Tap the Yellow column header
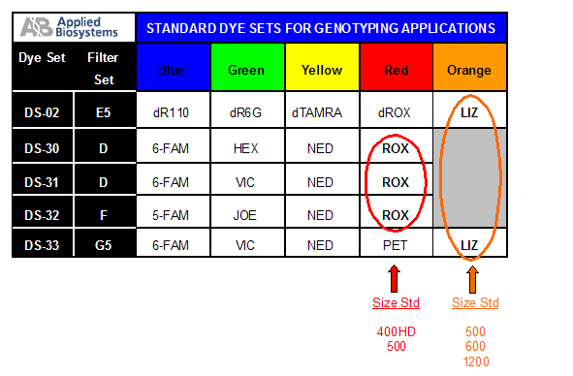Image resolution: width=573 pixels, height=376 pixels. [x=321, y=70]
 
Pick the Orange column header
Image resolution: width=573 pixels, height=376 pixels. [x=469, y=70]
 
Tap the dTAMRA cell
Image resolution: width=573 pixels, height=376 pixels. [x=321, y=113]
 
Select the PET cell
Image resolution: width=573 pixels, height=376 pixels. [x=396, y=246]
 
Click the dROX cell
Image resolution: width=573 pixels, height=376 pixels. [x=396, y=113]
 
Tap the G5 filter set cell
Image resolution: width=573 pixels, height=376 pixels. [x=103, y=246]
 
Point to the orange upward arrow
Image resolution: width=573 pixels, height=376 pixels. [x=474, y=280]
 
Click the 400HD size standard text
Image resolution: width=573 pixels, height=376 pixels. [x=396, y=331]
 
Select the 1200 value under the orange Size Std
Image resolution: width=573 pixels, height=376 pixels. [x=475, y=361]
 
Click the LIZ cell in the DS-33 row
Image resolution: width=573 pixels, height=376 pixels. [x=469, y=246]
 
